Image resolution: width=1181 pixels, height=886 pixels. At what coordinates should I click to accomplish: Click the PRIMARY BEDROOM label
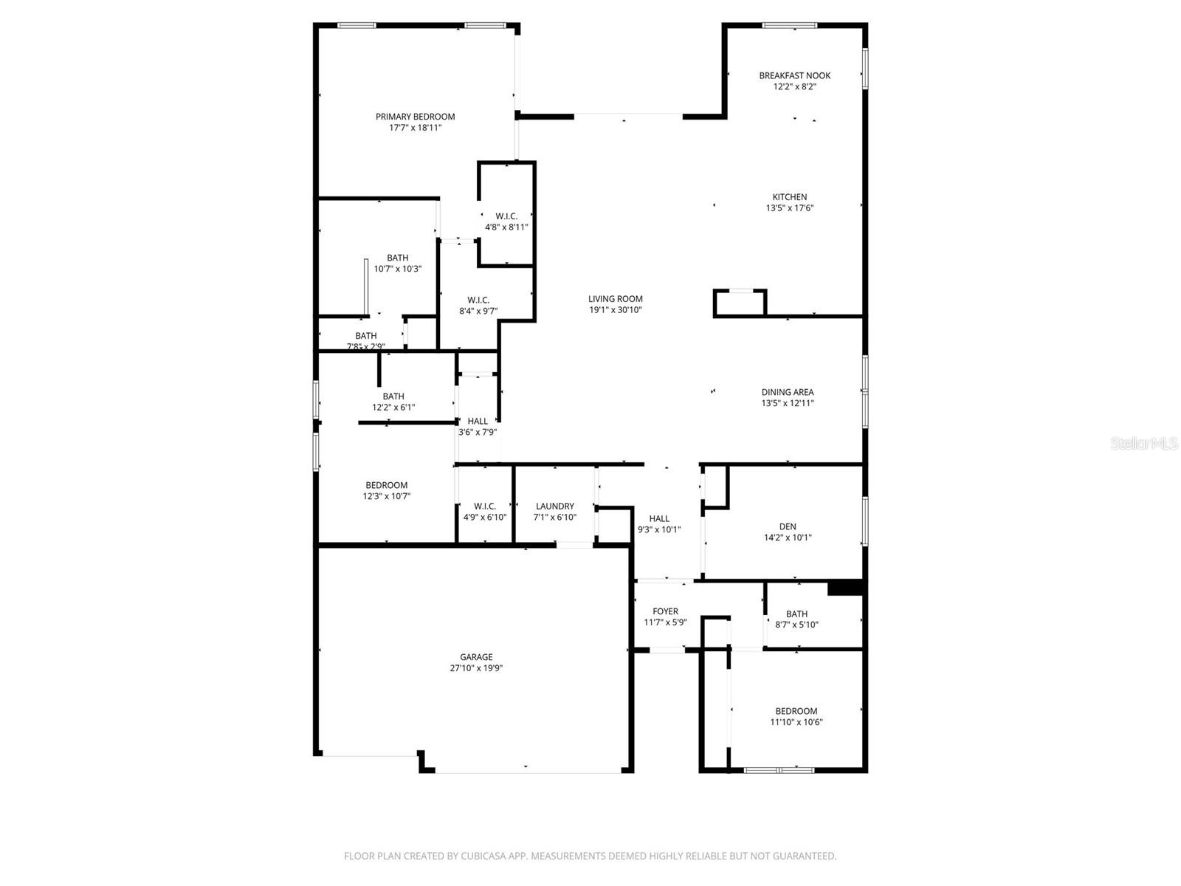415,117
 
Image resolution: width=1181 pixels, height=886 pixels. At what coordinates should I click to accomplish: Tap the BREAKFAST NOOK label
795,75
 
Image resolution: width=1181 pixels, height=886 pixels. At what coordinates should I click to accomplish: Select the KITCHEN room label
790,197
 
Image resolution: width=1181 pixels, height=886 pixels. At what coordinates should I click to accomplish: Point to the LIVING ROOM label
616,299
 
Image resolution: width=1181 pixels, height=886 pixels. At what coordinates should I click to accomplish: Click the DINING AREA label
788,393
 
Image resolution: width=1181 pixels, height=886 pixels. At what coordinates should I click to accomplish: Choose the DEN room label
788,526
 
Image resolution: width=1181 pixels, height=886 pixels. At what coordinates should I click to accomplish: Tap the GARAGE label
476,657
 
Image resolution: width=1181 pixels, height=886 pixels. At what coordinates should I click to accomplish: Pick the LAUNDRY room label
555,506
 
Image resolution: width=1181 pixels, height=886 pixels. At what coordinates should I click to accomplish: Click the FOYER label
665,611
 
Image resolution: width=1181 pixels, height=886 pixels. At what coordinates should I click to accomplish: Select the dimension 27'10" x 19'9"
476,668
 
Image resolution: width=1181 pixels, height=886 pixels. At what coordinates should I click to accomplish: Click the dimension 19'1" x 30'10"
616,310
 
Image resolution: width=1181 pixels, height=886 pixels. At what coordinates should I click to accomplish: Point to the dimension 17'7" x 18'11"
415,128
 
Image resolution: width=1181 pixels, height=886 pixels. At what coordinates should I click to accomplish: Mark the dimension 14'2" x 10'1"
788,538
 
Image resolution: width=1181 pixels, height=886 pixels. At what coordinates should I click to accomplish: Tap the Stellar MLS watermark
1144,444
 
